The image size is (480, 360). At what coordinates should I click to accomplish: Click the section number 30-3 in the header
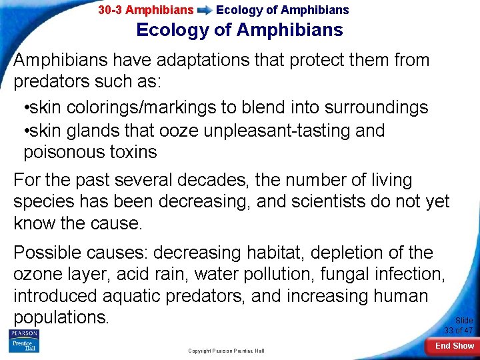(x=110, y=10)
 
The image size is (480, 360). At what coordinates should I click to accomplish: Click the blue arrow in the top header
(x=205, y=10)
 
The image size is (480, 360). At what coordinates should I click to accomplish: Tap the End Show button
(x=455, y=346)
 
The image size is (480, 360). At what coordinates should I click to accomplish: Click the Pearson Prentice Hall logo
(x=23, y=341)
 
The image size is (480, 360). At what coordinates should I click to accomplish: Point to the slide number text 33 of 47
(x=459, y=330)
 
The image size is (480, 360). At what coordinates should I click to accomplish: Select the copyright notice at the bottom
(x=226, y=351)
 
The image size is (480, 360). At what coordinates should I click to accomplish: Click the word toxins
(x=135, y=152)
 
